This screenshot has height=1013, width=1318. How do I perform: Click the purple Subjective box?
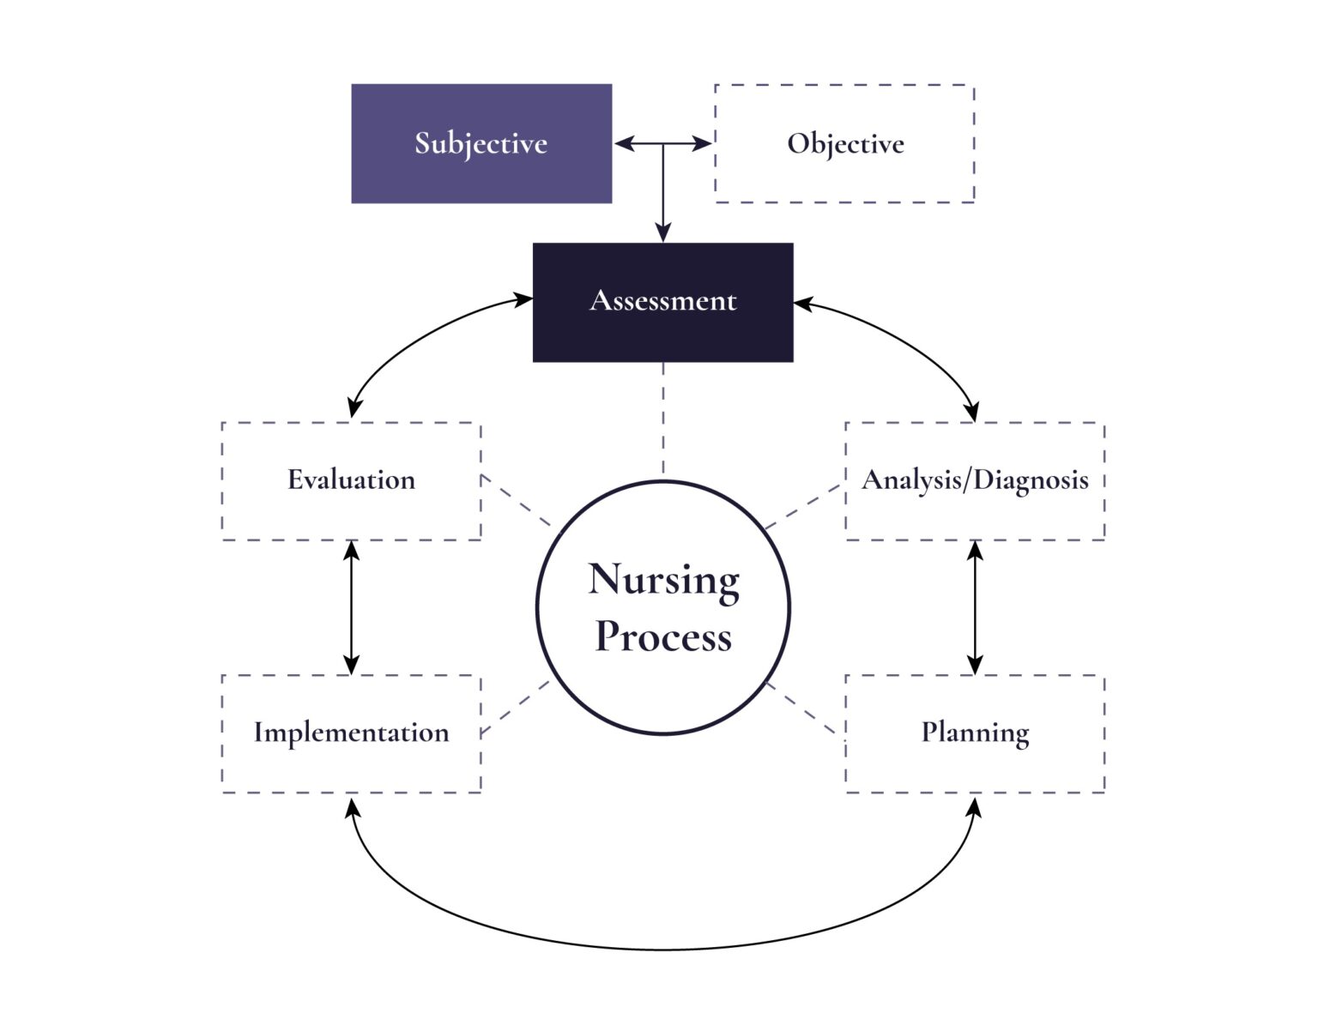(481, 143)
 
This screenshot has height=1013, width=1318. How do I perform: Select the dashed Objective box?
(844, 143)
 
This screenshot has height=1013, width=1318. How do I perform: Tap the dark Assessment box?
(662, 302)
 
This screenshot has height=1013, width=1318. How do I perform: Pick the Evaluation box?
(351, 480)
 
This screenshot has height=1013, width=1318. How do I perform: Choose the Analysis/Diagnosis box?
(975, 480)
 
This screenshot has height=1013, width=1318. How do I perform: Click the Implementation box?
(351, 733)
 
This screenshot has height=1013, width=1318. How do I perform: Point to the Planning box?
(975, 733)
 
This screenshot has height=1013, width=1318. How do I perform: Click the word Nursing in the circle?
(663, 581)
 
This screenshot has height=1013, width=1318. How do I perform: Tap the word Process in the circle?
(663, 637)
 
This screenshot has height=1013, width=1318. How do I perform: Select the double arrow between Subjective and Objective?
(644, 144)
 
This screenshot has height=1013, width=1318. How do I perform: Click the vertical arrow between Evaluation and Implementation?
(351, 607)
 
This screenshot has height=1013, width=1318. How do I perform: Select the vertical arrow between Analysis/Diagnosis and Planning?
(975, 607)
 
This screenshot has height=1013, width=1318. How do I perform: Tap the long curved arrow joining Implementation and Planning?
(663, 949)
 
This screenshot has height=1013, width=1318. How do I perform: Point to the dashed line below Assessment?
(663, 420)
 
